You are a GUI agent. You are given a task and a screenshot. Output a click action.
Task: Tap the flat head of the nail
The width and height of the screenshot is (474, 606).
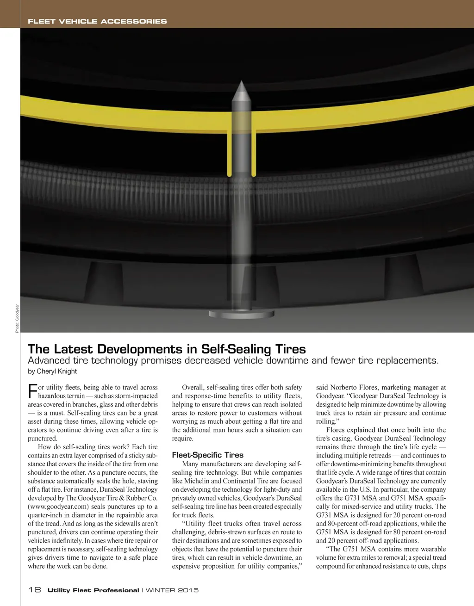click(x=241, y=314)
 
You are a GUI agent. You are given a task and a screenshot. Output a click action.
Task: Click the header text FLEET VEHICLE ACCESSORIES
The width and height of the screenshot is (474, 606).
click(x=97, y=21)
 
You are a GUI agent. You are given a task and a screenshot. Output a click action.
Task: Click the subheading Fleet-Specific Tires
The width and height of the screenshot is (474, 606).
click(x=207, y=455)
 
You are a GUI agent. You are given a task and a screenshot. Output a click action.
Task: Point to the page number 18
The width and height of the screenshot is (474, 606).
click(x=35, y=590)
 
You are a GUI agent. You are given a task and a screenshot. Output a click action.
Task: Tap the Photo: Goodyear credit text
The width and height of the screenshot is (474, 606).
click(x=17, y=318)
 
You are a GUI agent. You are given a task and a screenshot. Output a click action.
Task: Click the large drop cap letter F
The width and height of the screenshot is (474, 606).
click(x=32, y=391)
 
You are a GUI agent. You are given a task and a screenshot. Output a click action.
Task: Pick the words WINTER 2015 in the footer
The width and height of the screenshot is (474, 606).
click(x=172, y=590)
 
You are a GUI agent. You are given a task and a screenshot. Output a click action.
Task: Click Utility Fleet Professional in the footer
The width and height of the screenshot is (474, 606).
click(x=93, y=590)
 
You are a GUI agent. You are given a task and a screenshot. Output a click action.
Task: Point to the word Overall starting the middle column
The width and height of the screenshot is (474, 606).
click(x=193, y=388)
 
